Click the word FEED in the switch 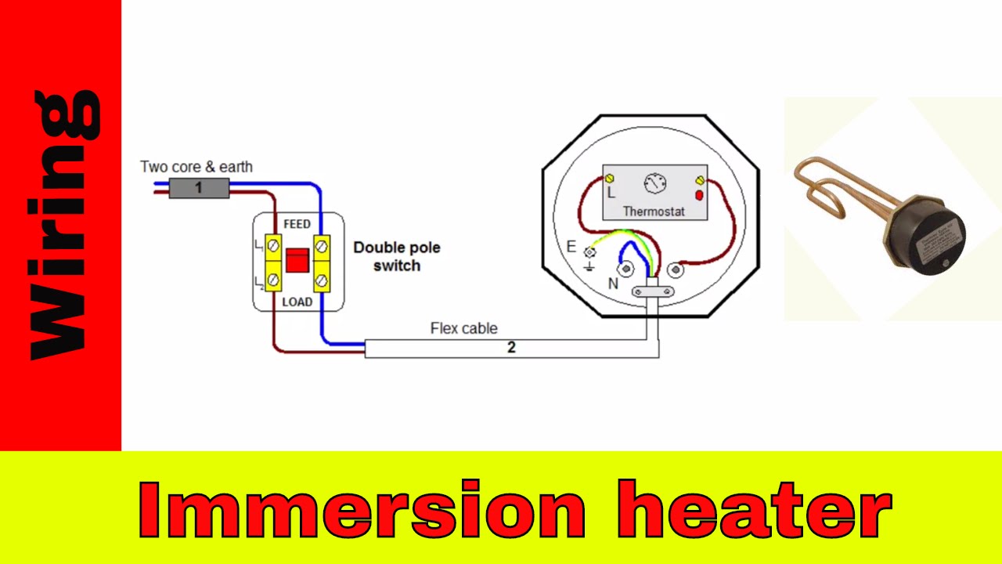click(297, 224)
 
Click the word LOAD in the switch click(297, 302)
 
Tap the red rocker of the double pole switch click(297, 260)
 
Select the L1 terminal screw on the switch click(273, 246)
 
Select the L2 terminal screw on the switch click(273, 278)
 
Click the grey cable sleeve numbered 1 click(199, 188)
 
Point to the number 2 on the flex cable click(511, 348)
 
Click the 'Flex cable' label click(463, 328)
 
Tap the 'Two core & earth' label click(196, 167)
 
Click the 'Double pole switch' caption click(397, 256)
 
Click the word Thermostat click(654, 211)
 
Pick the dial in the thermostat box click(654, 184)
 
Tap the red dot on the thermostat click(698, 195)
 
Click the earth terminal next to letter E click(590, 252)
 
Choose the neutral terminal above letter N click(626, 269)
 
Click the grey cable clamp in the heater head click(651, 293)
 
